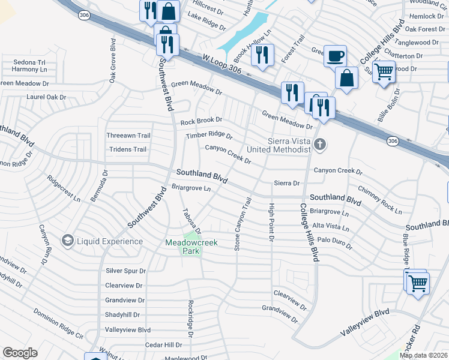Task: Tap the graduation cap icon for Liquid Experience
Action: tap(67, 241)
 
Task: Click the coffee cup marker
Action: tap(335, 56)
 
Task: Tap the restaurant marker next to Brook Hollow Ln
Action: tap(262, 55)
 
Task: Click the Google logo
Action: tap(20, 353)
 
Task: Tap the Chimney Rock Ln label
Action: tap(379, 200)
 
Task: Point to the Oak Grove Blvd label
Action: tap(112, 61)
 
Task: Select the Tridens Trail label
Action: tap(126, 149)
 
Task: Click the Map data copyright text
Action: tap(424, 355)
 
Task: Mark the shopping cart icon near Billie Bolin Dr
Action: tap(384, 73)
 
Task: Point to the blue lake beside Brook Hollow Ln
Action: tap(243, 33)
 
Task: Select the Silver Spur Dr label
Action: tap(125, 271)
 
